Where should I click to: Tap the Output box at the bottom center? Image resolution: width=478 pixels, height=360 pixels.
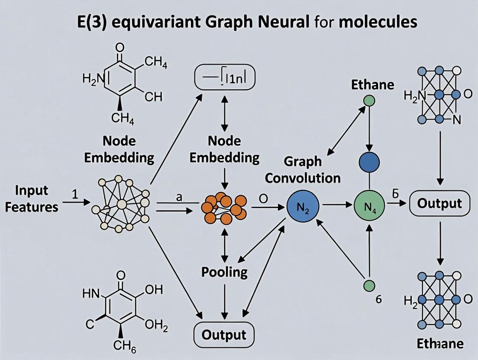224,334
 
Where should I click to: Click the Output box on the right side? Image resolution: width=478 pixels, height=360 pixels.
439,203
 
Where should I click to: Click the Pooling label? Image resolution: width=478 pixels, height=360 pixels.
224,272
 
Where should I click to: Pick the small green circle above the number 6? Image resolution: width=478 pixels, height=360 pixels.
369,285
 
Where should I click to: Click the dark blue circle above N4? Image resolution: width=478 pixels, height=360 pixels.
369,163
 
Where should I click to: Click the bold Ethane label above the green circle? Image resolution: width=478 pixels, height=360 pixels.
373,84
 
